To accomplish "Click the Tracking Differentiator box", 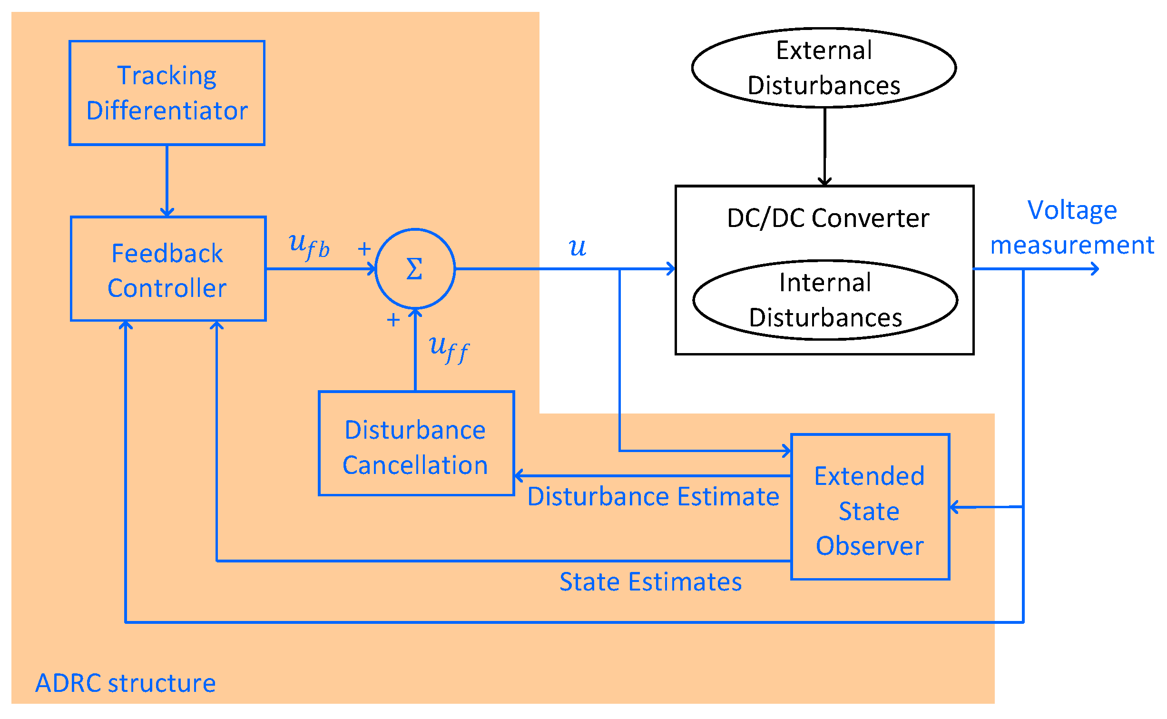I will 167,93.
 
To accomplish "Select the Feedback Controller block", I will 167,269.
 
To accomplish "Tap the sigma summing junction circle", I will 415,269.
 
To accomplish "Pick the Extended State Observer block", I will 870,507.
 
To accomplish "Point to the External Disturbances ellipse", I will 824,68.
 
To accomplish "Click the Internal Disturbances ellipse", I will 825,300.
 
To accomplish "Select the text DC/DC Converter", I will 828,218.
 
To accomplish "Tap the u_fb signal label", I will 309,246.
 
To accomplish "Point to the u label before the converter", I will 577,247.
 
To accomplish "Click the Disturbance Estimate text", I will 653,496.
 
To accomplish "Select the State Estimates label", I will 650,582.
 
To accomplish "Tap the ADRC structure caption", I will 126,683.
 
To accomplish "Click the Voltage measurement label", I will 1072,227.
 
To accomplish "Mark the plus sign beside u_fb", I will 364,249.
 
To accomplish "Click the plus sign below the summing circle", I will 393,320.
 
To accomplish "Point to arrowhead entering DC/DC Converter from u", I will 671,269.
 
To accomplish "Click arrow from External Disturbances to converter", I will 824,148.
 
